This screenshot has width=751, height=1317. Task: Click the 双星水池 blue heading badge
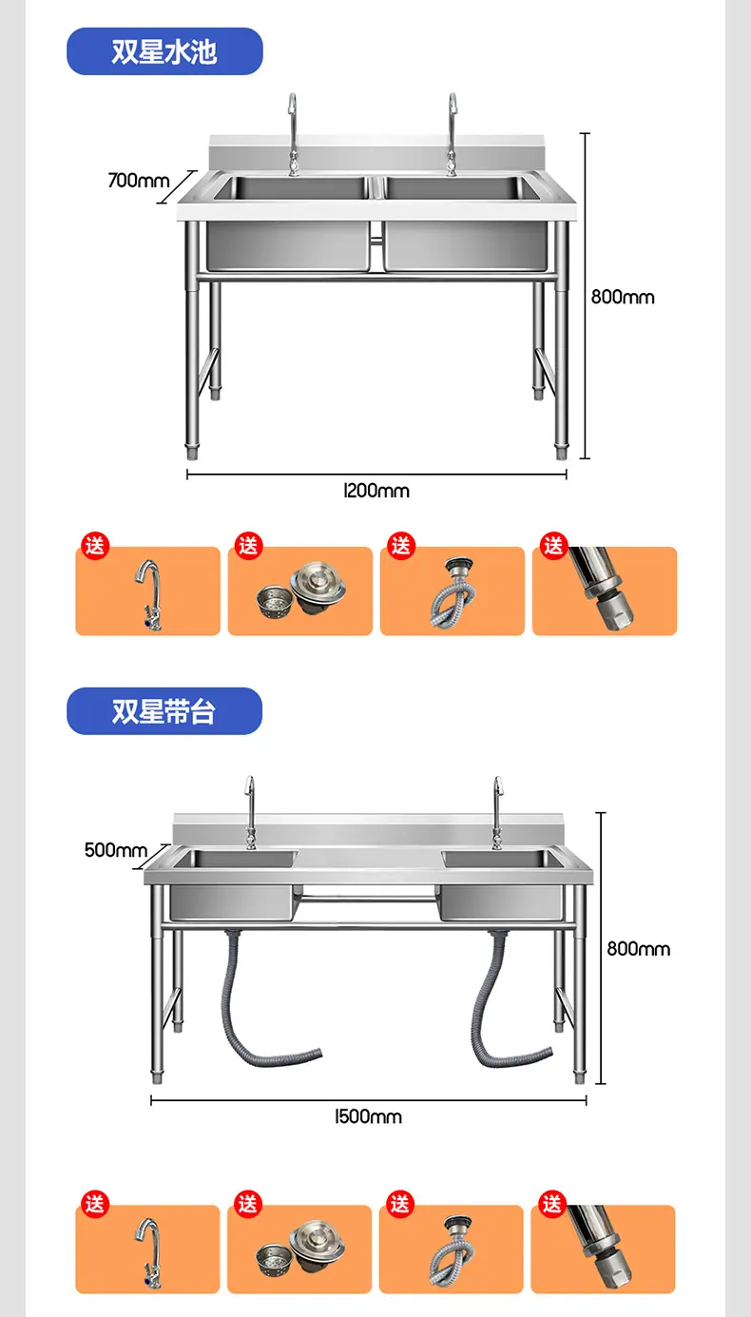164,51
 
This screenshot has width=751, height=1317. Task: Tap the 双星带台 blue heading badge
164,711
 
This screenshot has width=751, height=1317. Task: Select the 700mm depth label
138,181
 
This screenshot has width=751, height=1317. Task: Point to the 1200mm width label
376,491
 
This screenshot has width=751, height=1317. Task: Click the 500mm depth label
116,850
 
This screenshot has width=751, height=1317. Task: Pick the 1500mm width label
369,1116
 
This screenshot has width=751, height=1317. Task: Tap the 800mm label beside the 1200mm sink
623,297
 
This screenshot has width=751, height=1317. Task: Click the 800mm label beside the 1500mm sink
638,948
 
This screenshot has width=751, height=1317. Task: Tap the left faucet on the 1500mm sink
250,812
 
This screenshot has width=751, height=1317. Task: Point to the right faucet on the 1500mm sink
497,812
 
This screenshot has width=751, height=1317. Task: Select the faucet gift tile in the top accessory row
147,591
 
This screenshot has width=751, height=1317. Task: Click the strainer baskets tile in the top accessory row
299,591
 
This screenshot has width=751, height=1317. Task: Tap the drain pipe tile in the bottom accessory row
451,1249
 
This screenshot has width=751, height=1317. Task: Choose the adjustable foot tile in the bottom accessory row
603,1249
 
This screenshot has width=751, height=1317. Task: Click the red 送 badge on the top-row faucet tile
95,546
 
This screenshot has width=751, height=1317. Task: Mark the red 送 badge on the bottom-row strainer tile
247,1204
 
